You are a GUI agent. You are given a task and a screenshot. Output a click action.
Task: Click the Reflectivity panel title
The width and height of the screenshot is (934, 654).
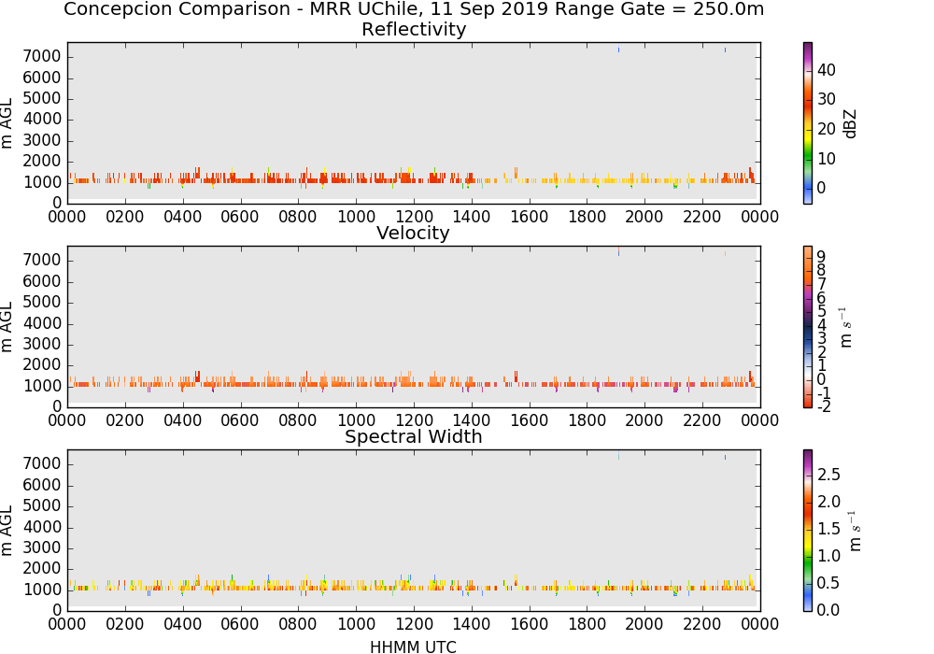414,29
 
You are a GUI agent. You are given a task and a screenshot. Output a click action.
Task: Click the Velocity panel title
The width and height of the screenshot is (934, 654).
413,233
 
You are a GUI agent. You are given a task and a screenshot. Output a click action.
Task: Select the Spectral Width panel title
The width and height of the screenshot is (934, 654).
414,436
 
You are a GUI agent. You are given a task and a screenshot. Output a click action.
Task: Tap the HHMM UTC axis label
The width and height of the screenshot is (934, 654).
413,647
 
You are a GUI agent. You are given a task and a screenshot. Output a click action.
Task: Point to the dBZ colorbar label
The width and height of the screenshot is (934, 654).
850,124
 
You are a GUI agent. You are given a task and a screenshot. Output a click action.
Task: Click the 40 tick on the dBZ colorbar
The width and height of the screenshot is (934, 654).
827,70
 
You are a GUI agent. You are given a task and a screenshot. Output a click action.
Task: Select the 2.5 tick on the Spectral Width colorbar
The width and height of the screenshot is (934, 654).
828,475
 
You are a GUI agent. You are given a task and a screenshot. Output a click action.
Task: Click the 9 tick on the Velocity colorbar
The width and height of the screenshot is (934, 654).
821,256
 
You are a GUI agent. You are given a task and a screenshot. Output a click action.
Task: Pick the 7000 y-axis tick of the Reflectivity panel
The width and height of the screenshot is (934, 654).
42,57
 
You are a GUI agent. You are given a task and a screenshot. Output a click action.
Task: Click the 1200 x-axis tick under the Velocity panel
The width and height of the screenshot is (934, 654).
414,420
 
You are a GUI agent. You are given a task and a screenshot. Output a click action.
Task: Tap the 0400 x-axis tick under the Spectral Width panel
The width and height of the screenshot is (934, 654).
183,624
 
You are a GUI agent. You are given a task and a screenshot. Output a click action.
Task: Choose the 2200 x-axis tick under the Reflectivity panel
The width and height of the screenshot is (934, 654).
702,217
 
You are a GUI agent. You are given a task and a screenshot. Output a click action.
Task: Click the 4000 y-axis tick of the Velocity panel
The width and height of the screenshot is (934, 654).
42,323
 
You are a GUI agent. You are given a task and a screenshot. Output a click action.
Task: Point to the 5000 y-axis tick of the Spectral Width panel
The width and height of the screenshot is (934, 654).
42,506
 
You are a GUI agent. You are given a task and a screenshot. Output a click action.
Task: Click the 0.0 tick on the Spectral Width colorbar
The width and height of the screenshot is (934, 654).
828,610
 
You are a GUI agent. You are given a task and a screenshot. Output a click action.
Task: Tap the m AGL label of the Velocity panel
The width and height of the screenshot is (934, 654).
7,327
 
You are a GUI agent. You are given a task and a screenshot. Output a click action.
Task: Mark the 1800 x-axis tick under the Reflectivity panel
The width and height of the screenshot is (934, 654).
587,217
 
